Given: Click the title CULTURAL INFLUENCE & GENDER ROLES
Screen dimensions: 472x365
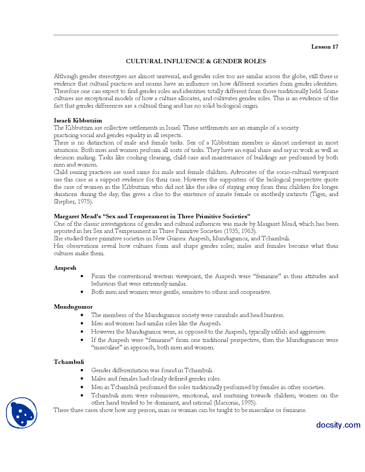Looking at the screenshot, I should pyautogui.click(x=196, y=61).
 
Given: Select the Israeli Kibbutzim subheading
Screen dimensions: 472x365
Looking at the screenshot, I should pyautogui.click(x=78, y=120).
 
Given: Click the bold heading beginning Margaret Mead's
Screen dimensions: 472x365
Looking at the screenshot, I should pyautogui.click(x=152, y=216).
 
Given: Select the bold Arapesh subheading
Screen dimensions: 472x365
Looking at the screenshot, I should pyautogui.click(x=65, y=268).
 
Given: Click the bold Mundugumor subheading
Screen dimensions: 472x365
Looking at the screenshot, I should pyautogui.click(x=73, y=307).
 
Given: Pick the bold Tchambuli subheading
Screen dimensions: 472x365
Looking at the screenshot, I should pyautogui.click(x=69, y=362).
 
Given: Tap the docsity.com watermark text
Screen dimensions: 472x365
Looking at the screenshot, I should pyautogui.click(x=338, y=425).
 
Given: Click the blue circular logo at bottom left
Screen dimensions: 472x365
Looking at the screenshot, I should pyautogui.click(x=22, y=413).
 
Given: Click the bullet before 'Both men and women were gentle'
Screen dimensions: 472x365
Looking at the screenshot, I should pyautogui.click(x=82, y=292).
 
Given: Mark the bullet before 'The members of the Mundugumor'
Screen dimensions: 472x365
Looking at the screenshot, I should pyautogui.click(x=82, y=315).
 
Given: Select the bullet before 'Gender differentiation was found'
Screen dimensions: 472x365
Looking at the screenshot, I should pyautogui.click(x=82, y=371).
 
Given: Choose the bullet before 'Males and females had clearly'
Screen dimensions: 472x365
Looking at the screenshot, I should pyautogui.click(x=82, y=379).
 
